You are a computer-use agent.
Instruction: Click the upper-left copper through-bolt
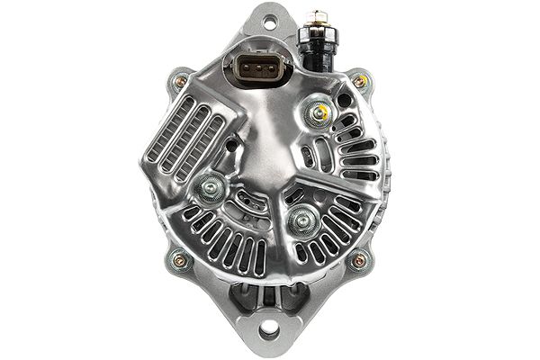tap(181, 82)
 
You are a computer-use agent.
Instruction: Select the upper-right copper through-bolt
tap(360, 82)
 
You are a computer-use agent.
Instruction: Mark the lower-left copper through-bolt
tap(179, 261)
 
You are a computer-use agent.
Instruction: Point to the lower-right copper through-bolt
tap(359, 261)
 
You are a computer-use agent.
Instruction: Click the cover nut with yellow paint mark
tap(317, 112)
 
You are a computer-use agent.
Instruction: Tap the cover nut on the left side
tap(212, 187)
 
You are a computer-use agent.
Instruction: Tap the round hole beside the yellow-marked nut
tap(344, 100)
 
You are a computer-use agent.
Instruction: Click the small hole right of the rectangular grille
tap(232, 144)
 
